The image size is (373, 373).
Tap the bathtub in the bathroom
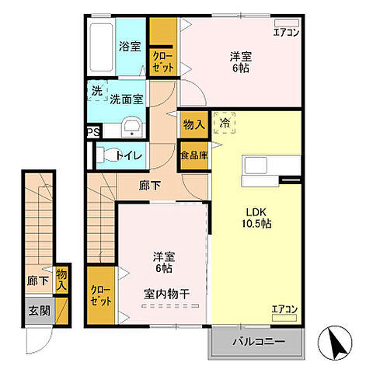click(100, 47)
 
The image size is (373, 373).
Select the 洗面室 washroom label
click(125, 99)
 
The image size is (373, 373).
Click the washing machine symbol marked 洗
click(96, 91)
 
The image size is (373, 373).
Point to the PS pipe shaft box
click(92, 132)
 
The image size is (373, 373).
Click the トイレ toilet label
click(128, 155)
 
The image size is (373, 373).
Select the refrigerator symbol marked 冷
click(225, 123)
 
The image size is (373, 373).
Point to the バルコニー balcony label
click(255, 342)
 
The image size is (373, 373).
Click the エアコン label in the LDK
click(285, 310)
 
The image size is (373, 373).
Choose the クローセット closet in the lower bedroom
click(101, 295)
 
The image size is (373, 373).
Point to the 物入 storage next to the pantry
click(193, 124)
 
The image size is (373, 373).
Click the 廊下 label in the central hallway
click(149, 186)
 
